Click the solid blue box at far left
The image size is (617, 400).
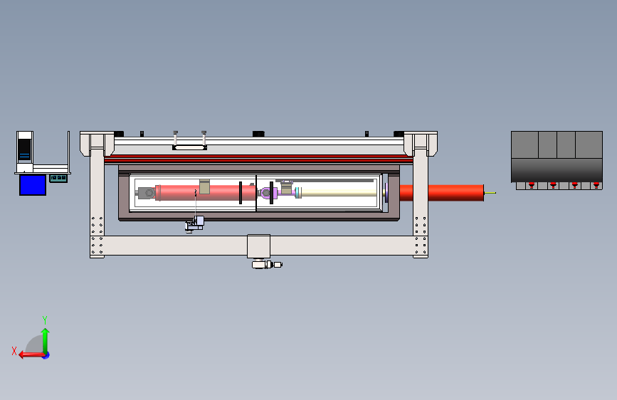coord(33,185)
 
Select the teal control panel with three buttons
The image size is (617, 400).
coord(58,179)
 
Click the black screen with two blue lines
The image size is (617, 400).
coord(24,150)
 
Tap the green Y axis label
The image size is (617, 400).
coord(45,320)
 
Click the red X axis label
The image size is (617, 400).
coord(14,351)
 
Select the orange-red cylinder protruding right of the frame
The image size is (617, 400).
coord(441,193)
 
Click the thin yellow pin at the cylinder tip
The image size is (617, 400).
coord(490,193)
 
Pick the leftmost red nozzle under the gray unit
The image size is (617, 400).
coord(532,185)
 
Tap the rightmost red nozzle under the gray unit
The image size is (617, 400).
coord(596,185)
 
